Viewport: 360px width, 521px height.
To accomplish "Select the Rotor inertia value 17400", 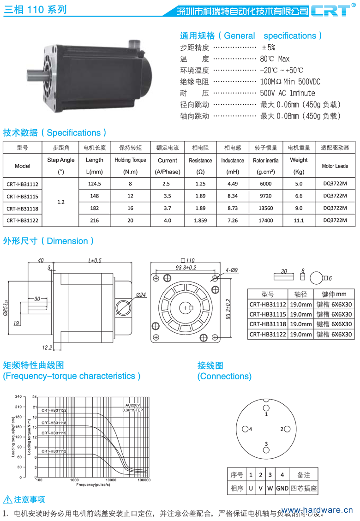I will click(x=266, y=221).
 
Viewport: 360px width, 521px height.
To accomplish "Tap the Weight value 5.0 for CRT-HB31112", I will click(x=299, y=184).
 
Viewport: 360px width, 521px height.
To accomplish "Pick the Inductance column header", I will click(x=233, y=160).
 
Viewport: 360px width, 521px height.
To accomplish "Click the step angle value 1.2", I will click(x=60, y=202).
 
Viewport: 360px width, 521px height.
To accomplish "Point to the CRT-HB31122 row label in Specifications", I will click(x=22, y=221).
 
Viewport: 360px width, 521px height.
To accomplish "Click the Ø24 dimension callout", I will click(x=141, y=294).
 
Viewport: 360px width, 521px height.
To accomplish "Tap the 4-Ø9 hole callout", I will click(x=231, y=270).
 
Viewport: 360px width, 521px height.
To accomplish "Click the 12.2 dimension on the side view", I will click(x=47, y=347).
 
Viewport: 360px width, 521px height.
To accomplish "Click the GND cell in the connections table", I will click(x=282, y=488).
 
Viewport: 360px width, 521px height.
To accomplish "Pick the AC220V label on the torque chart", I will click(x=132, y=404).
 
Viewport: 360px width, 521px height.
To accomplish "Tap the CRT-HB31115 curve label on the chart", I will click(x=54, y=433).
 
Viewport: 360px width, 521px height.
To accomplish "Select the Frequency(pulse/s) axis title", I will click(x=93, y=485).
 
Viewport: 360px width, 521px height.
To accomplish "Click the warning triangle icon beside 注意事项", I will click(x=7, y=500).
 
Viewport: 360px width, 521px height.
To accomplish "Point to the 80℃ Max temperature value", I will click(x=275, y=59).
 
